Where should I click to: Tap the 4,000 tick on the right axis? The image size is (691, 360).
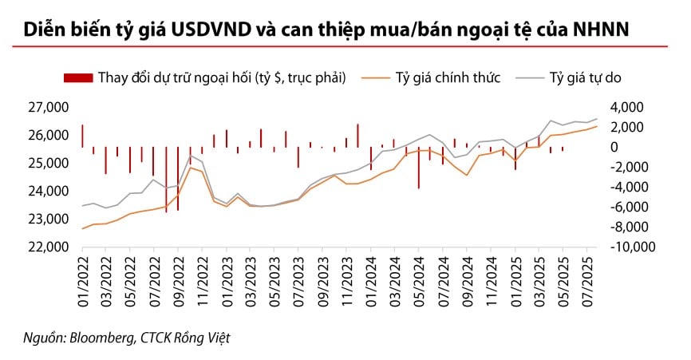click(631, 107)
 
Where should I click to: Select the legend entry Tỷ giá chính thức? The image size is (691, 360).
click(447, 77)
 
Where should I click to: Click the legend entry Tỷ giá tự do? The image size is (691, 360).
click(586, 77)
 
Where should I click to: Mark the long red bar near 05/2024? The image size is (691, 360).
click(419, 168)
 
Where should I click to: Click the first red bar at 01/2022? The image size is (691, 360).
click(82, 136)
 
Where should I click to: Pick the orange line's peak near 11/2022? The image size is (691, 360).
click(190, 167)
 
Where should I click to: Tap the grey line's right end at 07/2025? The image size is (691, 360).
click(597, 119)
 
